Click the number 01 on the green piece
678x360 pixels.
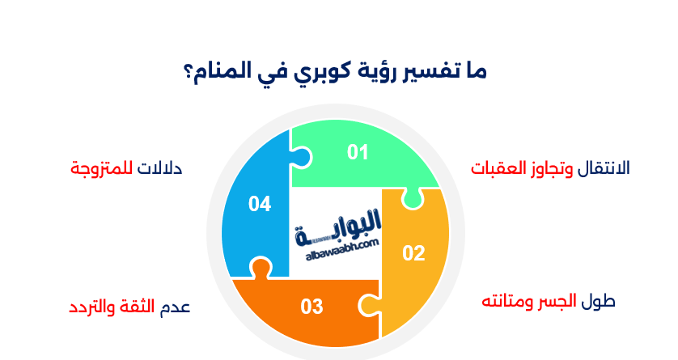(x=358, y=151)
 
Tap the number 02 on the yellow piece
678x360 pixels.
(x=413, y=253)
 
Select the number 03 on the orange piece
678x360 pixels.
(x=311, y=307)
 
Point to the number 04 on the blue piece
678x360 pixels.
(x=259, y=204)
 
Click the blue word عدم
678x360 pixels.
(x=177, y=307)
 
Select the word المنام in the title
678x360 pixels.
(x=225, y=72)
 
